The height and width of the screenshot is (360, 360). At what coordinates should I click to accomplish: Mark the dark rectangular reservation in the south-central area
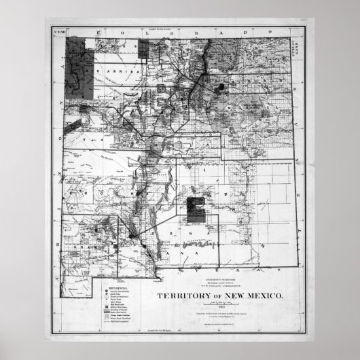point(198,211)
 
